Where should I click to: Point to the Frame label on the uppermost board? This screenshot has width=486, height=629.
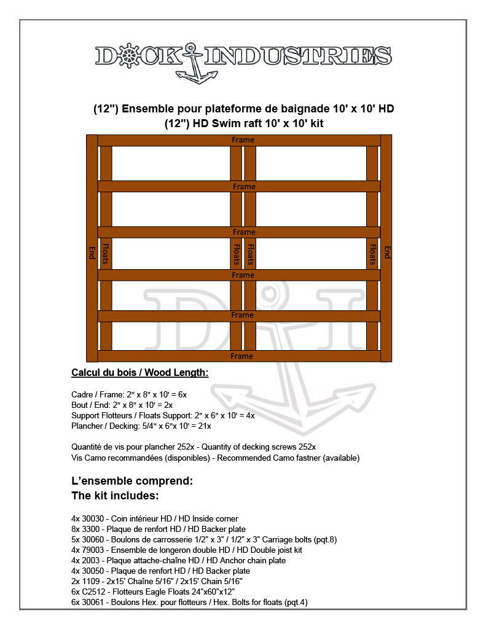pyautogui.click(x=243, y=140)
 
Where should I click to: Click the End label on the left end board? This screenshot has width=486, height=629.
pyautogui.click(x=92, y=252)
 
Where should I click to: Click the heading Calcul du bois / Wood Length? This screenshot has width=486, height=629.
pyautogui.click(x=139, y=372)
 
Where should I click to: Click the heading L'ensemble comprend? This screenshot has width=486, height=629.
pyautogui.click(x=132, y=481)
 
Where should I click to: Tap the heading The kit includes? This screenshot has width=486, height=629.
pyautogui.click(x=115, y=495)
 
